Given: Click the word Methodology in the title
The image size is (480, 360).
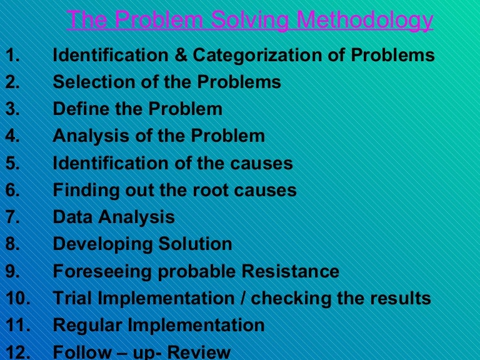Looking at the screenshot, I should point(364,21).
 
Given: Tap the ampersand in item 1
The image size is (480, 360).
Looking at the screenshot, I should point(181,56).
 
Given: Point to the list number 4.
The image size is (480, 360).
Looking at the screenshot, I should point(12,136).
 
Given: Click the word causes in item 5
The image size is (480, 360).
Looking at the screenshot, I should point(263,164).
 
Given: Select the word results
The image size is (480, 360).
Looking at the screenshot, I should point(401,299).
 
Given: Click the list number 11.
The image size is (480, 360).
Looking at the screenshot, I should point(17,326).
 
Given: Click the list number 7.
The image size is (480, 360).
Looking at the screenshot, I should point(12,217).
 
